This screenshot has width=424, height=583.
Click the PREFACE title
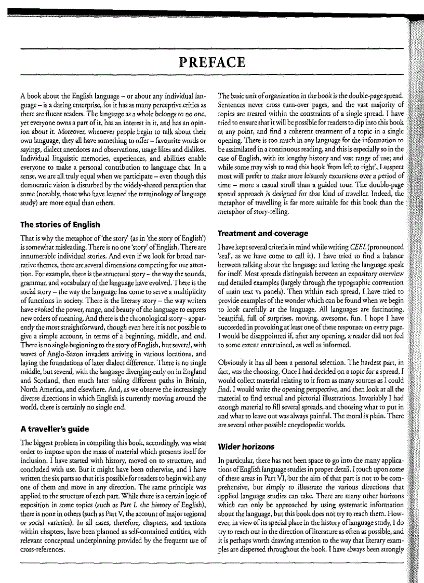tap(211, 63)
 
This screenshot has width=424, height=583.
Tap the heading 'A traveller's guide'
tap(54, 429)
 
